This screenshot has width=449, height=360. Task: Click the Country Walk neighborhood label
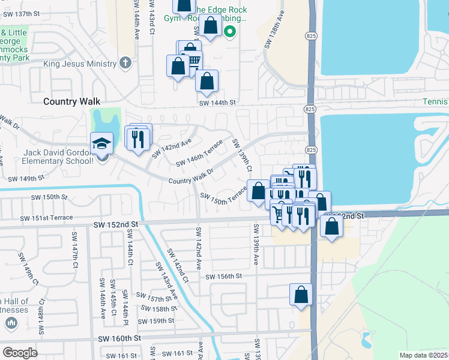click(x=71, y=102)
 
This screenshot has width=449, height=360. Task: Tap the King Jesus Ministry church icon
click(x=125, y=62)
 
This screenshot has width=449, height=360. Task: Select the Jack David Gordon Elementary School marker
click(x=101, y=144)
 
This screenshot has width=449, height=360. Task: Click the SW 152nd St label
click(x=116, y=223)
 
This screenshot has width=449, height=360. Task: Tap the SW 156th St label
click(x=223, y=276)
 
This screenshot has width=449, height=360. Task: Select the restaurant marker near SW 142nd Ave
click(x=139, y=139)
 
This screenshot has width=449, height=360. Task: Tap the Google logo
click(x=20, y=353)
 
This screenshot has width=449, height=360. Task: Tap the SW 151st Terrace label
click(x=46, y=218)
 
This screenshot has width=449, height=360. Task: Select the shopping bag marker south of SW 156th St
click(x=301, y=295)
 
